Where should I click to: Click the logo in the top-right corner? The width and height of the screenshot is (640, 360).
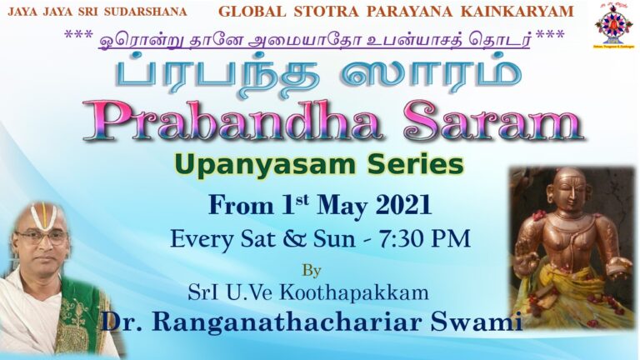pos(613,24)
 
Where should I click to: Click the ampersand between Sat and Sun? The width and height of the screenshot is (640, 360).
pos(289,239)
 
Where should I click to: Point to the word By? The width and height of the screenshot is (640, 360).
pos(311,270)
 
